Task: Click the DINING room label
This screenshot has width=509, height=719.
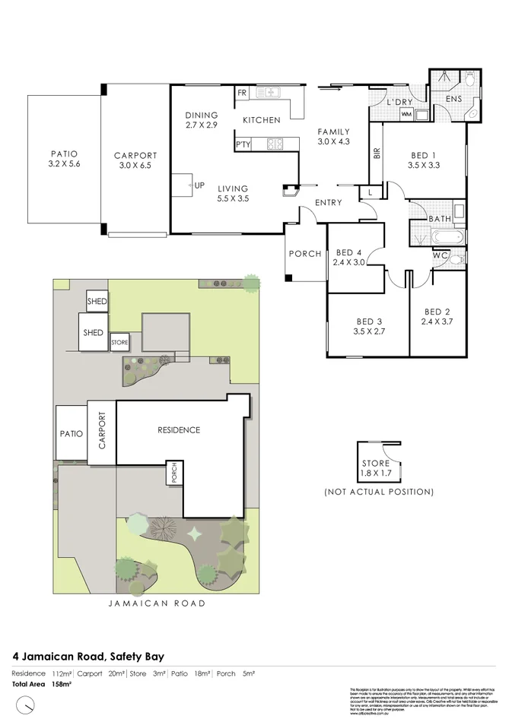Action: click(201, 116)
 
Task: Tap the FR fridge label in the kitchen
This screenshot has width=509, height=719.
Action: click(243, 93)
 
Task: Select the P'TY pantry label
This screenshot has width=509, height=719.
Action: click(243, 144)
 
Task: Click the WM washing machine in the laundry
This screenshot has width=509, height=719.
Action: click(406, 114)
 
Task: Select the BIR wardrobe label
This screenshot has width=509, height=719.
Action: click(377, 152)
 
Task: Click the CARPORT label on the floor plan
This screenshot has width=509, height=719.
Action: click(135, 156)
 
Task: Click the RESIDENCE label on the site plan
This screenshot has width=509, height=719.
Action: click(179, 429)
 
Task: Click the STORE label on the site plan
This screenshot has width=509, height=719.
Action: click(119, 343)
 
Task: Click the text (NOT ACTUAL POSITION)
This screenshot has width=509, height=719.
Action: click(379, 492)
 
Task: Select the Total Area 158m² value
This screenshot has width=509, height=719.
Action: click(61, 684)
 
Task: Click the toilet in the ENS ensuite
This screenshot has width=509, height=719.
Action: click(469, 79)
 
